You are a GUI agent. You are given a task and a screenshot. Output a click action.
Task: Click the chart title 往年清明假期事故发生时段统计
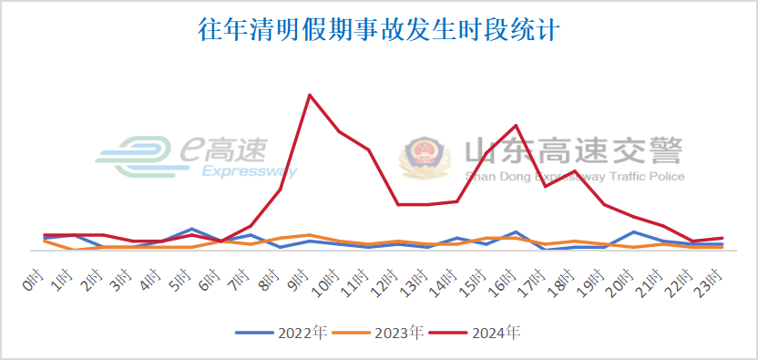pos(378,29)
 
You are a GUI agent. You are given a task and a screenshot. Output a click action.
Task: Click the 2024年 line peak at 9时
pos(310,95)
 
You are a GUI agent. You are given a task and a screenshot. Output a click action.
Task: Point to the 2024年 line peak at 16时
pos(517,126)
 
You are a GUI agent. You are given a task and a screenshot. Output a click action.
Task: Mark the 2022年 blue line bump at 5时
pos(191,229)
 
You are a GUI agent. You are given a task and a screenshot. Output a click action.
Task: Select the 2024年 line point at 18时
pos(575,171)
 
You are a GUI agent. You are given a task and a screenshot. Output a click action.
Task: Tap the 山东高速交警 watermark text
pos(572,150)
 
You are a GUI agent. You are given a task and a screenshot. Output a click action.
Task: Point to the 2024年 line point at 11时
pos(369,149)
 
